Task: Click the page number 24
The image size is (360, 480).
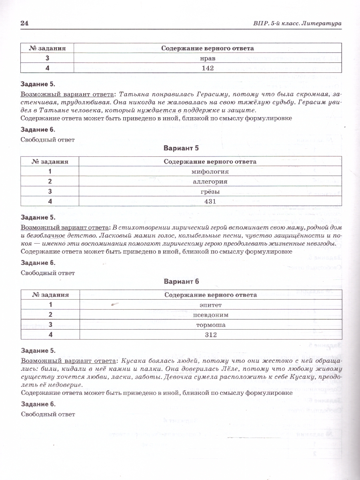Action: click(25, 24)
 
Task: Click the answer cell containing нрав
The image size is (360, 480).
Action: click(208, 58)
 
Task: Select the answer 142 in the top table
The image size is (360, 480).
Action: click(208, 68)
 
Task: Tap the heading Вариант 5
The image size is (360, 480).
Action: click(181, 148)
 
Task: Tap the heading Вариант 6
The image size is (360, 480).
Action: click(181, 282)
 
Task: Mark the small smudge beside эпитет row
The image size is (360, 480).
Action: click(115, 305)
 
